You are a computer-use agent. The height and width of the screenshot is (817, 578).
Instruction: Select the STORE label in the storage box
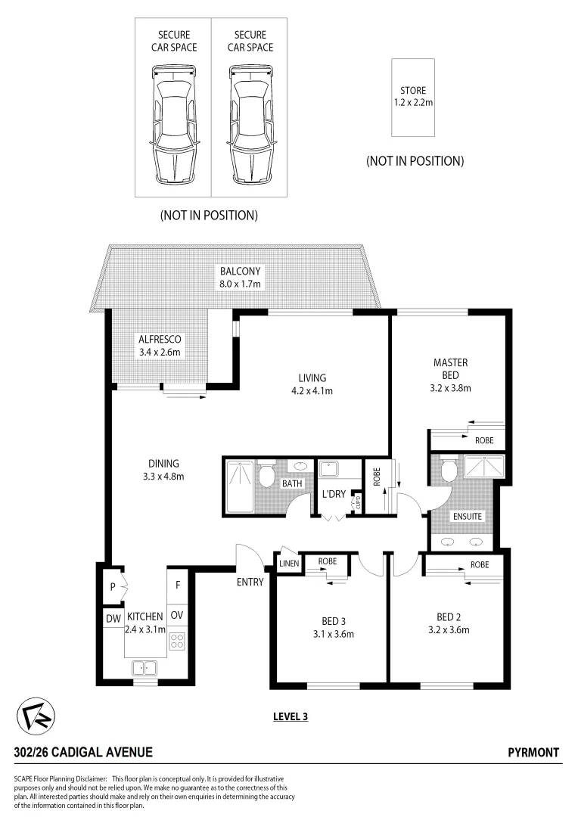click(413, 91)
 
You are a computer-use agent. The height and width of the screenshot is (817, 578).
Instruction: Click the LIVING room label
click(312, 378)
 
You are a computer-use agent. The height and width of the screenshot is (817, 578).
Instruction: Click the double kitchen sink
click(143, 667)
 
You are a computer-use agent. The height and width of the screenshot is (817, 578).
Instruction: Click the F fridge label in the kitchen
click(177, 585)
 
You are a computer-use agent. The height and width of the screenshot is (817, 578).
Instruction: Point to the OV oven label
click(176, 615)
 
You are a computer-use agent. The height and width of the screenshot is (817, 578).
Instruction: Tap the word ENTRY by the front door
click(250, 582)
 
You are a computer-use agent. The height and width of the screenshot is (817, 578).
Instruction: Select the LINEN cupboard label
click(289, 562)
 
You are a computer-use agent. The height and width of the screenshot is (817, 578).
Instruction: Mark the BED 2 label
click(452, 616)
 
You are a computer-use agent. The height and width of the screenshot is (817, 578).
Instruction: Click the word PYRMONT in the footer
click(533, 753)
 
